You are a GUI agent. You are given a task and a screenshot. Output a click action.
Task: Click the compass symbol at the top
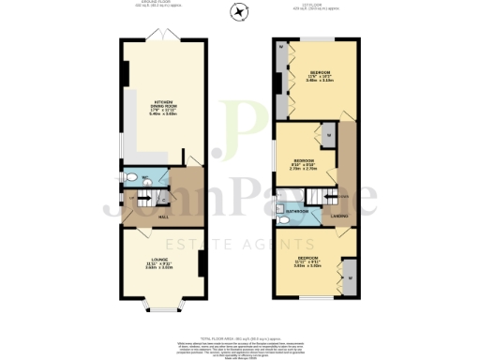[x=240, y=12]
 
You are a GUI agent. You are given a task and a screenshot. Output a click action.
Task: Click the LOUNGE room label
[x=158, y=263]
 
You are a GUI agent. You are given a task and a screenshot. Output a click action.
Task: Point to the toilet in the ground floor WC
[x=133, y=175]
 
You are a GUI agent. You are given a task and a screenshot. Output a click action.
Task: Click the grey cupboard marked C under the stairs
[x=165, y=198]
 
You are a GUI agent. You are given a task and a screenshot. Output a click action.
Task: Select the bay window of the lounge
[x=158, y=305]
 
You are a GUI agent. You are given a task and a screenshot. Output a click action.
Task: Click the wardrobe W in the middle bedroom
[x=330, y=137]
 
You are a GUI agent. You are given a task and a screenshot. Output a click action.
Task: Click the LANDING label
[x=339, y=217]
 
